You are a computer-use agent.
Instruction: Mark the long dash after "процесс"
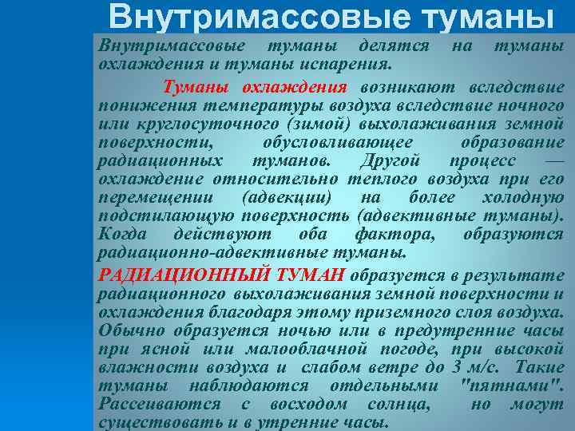[557, 160]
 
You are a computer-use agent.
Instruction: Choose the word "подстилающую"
[166, 215]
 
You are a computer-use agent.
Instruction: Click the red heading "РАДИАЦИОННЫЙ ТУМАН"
[221, 275]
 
